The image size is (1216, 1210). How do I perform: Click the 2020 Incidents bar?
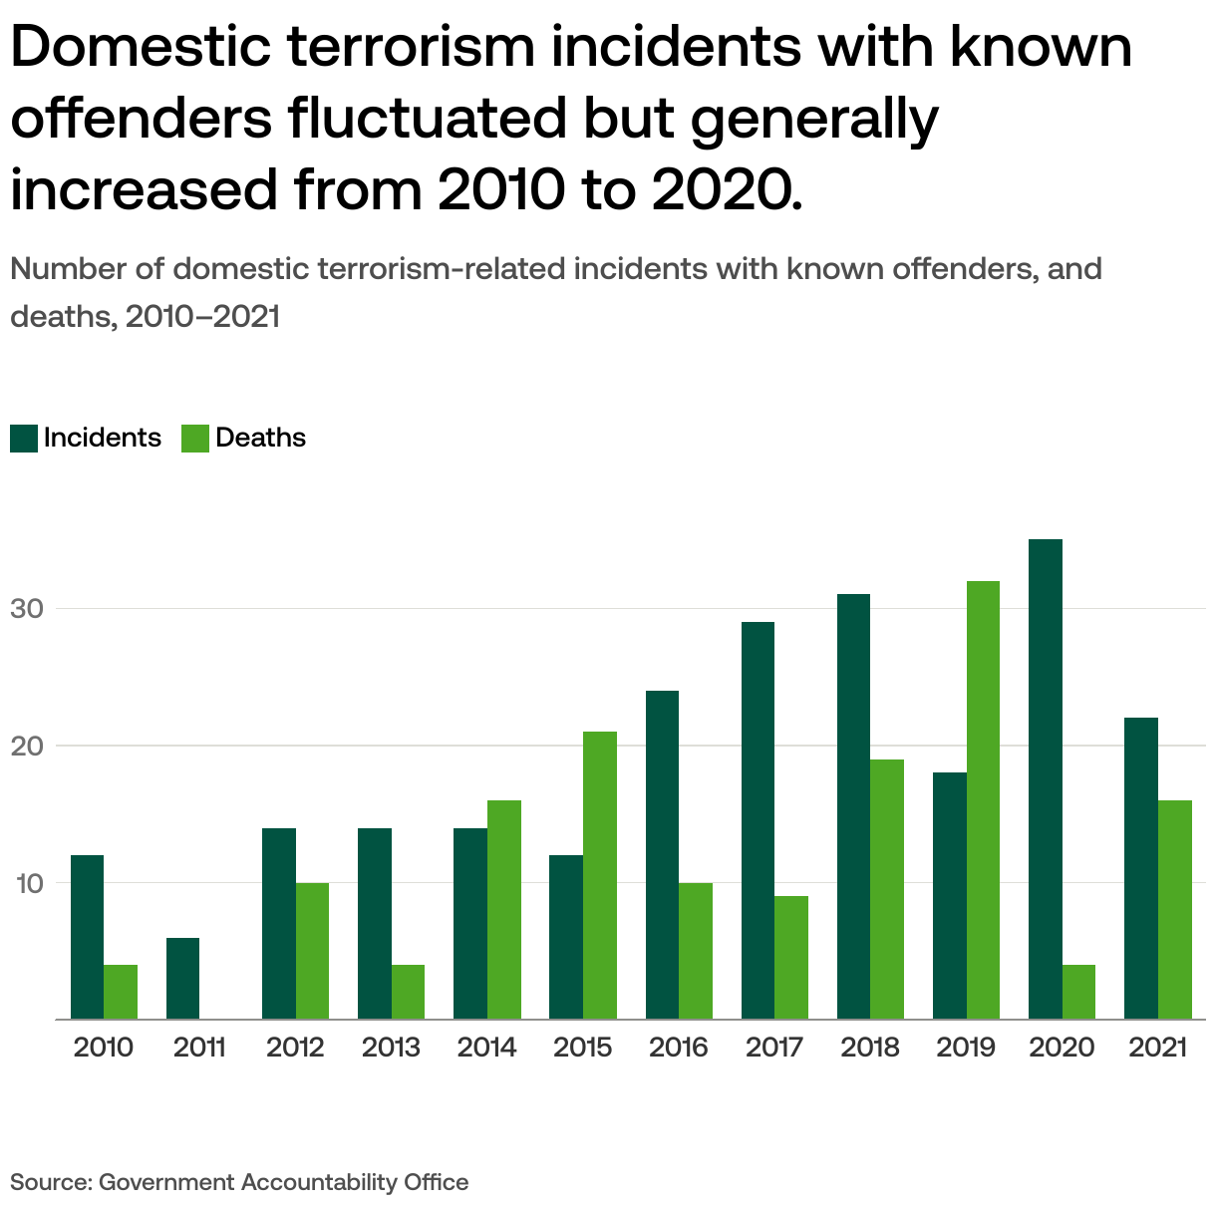(x=1046, y=778)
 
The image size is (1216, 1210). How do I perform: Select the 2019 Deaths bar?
(x=983, y=799)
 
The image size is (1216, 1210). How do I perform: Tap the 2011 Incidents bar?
(x=182, y=978)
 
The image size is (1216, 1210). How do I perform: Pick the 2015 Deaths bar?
(x=600, y=875)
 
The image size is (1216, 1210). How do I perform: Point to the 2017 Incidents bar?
(x=758, y=820)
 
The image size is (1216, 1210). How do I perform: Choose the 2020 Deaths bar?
(x=1078, y=992)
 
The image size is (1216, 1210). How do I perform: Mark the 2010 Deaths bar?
(x=121, y=992)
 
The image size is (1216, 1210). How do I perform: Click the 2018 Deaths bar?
(x=887, y=889)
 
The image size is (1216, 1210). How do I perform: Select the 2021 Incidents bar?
(x=1141, y=868)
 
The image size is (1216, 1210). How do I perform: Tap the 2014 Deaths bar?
(x=504, y=909)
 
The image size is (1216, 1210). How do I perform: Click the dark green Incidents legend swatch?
(x=24, y=439)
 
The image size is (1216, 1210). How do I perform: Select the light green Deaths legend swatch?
(x=195, y=439)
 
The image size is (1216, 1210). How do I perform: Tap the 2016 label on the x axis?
(x=679, y=1048)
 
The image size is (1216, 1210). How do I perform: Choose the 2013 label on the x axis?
(x=391, y=1048)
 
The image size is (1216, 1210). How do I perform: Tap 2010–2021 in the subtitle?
(x=203, y=317)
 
